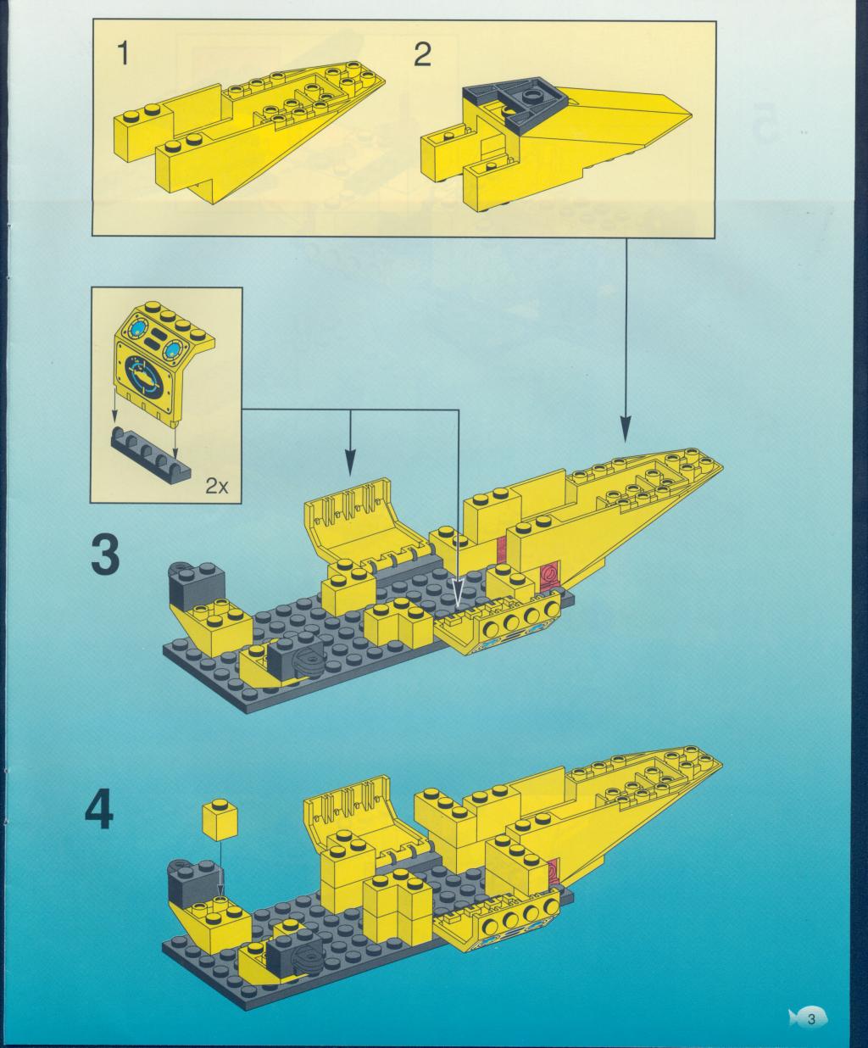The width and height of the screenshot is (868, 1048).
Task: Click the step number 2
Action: [422, 54]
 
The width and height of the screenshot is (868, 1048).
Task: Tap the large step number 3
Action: [105, 555]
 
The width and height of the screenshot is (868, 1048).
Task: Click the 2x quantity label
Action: [216, 487]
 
